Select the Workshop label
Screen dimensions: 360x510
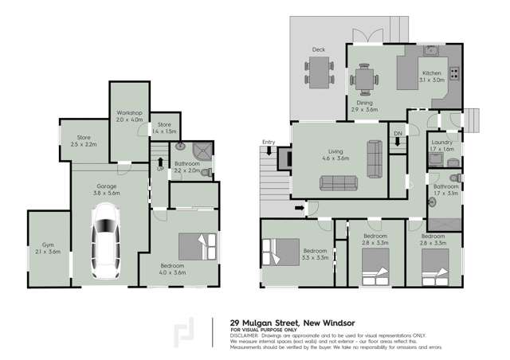click(128, 113)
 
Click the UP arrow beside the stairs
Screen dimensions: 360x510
click(159, 164)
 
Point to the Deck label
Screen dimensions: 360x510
click(319, 49)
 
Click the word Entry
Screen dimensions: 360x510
click(269, 142)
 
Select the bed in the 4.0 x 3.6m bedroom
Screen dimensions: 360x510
click(196, 245)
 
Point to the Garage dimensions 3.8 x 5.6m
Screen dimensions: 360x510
click(106, 193)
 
